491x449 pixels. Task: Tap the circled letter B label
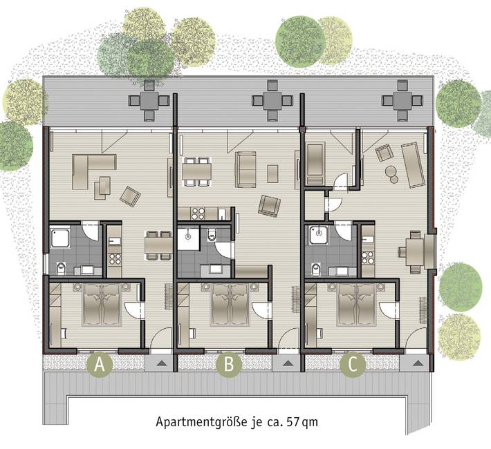[x=227, y=365]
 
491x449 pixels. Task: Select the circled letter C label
[x=353, y=365]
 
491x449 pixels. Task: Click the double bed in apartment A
[x=103, y=304]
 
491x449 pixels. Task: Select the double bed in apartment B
[x=230, y=304]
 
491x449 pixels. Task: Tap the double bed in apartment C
[x=357, y=304]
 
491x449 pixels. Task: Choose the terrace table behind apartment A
[x=149, y=99]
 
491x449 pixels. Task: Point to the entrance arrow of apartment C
[x=416, y=362]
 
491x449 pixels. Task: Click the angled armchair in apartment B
[x=269, y=204]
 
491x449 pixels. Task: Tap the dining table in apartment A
[x=159, y=245]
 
